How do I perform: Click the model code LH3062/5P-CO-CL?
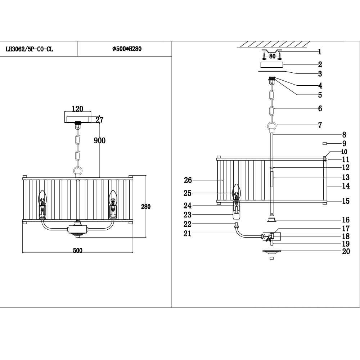click(x=30, y=49)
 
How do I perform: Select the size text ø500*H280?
click(x=127, y=49)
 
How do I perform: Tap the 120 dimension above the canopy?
click(x=77, y=109)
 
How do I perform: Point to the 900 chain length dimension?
click(x=100, y=141)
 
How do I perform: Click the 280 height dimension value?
click(x=145, y=207)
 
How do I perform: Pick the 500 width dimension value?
click(x=77, y=251)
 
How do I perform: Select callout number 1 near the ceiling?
click(x=320, y=51)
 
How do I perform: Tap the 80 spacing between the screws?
click(x=272, y=56)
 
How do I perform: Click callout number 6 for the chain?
click(x=320, y=108)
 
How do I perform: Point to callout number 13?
click(x=346, y=177)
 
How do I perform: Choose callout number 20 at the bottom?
click(x=346, y=252)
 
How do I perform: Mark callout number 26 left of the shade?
click(x=188, y=180)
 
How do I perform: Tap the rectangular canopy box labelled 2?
click(x=271, y=65)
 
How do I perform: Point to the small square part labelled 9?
click(x=325, y=143)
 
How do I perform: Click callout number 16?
click(x=346, y=220)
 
